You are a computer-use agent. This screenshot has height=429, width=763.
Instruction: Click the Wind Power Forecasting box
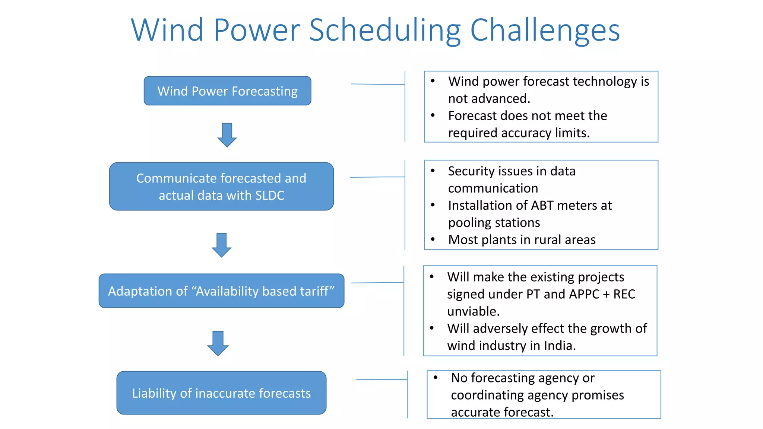(227, 91)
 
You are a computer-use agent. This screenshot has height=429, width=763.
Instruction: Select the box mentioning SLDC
(221, 187)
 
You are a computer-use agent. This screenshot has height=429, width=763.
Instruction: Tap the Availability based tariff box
(221, 291)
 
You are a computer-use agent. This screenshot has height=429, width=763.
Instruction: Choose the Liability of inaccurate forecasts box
(221, 393)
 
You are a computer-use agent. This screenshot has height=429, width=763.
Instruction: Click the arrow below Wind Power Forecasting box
(227, 135)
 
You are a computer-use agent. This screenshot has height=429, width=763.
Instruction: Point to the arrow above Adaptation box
(221, 245)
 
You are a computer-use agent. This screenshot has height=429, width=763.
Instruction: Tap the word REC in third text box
(624, 294)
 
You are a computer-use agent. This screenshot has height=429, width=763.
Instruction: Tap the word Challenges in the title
(545, 31)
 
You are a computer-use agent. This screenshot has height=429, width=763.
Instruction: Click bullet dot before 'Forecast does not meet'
(433, 115)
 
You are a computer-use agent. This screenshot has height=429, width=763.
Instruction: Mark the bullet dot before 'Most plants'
(433, 239)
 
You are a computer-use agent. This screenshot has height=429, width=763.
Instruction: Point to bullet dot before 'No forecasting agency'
(436, 378)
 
